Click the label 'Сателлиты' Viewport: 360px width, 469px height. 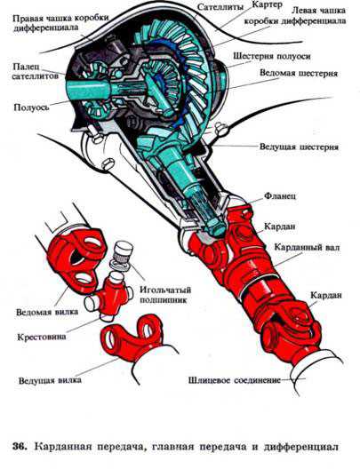click(x=220, y=7)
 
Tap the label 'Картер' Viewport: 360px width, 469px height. click(x=267, y=4)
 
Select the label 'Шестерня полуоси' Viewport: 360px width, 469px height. click(x=271, y=56)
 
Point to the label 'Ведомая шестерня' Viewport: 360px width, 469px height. click(x=299, y=73)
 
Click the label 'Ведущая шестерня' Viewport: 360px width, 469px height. click(x=299, y=147)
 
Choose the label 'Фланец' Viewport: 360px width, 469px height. click(x=279, y=196)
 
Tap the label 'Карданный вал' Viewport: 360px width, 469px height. click(x=307, y=248)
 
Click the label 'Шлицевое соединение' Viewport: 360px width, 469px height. click(x=235, y=380)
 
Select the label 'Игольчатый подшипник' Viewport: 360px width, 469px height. click(x=165, y=295)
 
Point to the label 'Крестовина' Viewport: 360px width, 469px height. click(x=41, y=338)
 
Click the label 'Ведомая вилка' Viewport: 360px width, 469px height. click(x=47, y=312)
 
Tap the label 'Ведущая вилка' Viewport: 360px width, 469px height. click(x=50, y=380)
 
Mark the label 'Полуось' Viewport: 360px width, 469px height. click(x=31, y=107)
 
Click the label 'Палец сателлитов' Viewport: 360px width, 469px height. click(x=35, y=71)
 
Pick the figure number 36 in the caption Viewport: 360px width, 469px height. click(x=20, y=447)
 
